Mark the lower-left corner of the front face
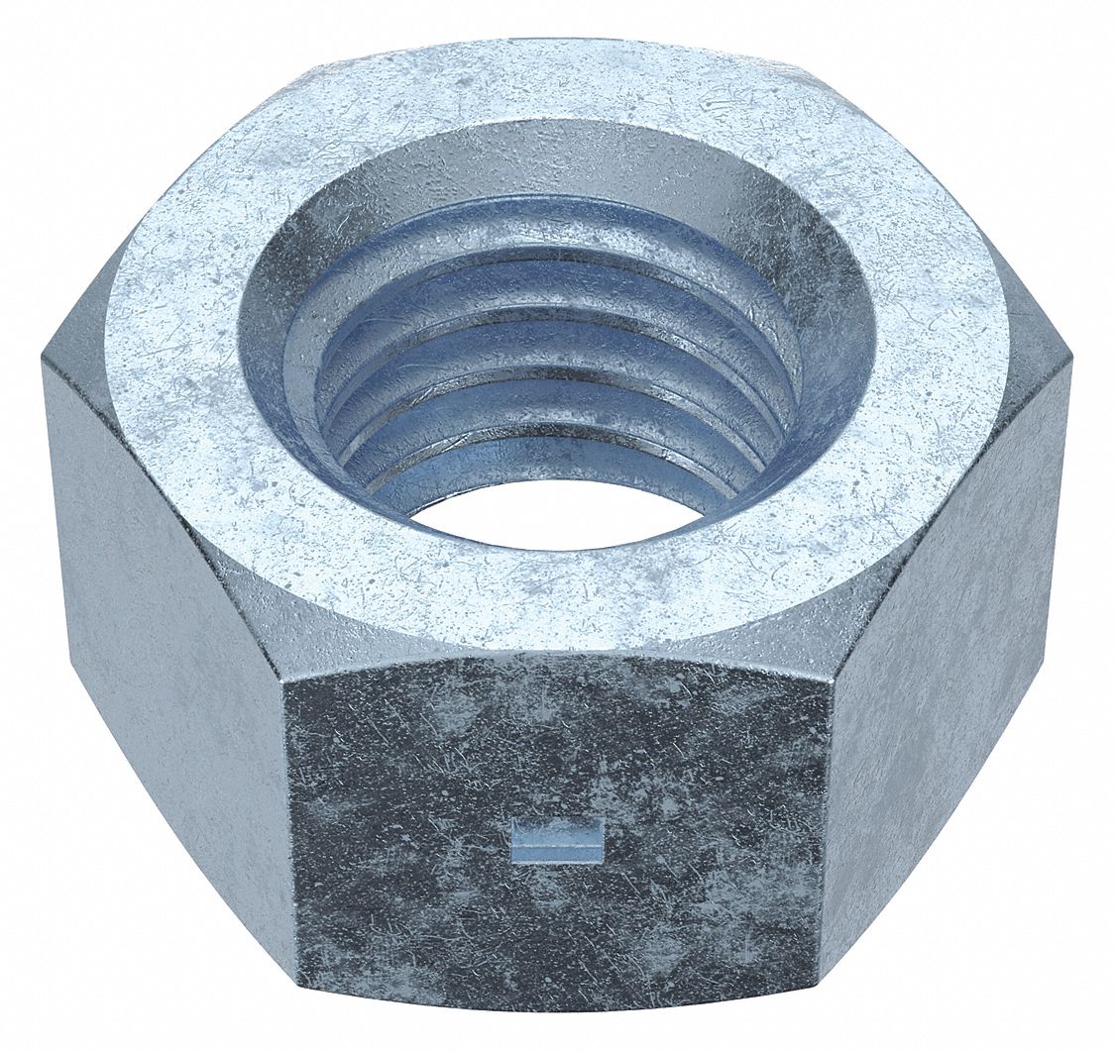pyautogui.click(x=296, y=1000)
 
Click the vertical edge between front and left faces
pyautogui.click(x=290, y=842)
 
